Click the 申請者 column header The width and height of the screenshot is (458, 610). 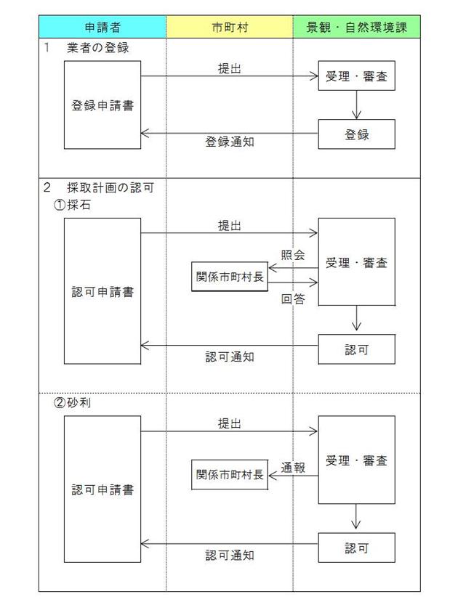(102, 27)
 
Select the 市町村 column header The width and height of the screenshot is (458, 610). (229, 27)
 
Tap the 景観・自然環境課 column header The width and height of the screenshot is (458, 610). (355, 27)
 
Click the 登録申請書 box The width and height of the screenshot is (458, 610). (102, 105)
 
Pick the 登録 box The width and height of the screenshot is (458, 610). (356, 134)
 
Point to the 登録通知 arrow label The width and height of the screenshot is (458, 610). (229, 142)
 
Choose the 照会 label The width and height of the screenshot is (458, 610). (292, 255)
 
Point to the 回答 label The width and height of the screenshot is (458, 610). (292, 298)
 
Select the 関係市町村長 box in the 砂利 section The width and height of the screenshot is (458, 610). (230, 474)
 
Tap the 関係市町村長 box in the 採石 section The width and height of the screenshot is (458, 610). (230, 277)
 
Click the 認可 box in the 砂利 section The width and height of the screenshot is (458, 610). (356, 548)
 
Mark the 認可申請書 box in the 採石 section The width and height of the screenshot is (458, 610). (102, 291)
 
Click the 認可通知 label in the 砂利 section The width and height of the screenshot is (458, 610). (229, 556)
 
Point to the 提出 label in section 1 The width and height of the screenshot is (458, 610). (230, 68)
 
